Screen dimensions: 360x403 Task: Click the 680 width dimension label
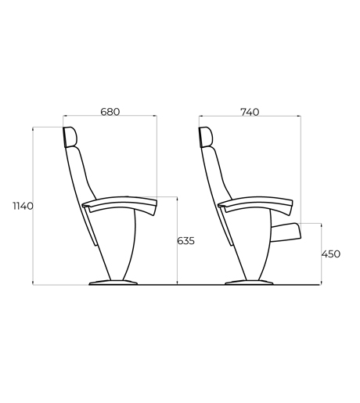pos(110,112)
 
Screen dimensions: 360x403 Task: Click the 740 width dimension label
pos(250,112)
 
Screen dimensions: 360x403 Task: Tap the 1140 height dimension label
pos(23,206)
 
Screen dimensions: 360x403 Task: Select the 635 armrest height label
pos(185,241)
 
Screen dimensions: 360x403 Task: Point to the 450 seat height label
pos(331,254)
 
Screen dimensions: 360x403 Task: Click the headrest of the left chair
pos(70,137)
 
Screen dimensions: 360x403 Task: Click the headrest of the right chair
pos(206,137)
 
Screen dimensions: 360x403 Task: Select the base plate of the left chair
pos(113,282)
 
